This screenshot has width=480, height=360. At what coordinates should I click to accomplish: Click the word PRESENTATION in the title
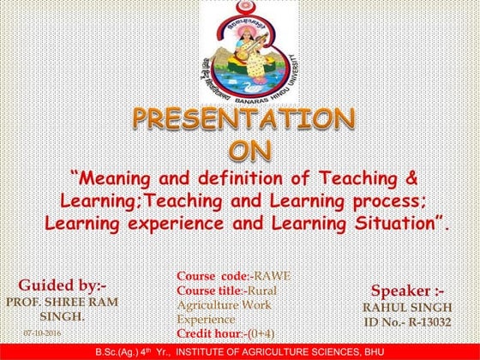point(242,120)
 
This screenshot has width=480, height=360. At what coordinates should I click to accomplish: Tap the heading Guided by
point(61,285)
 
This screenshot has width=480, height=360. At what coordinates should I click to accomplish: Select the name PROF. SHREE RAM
point(61,302)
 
